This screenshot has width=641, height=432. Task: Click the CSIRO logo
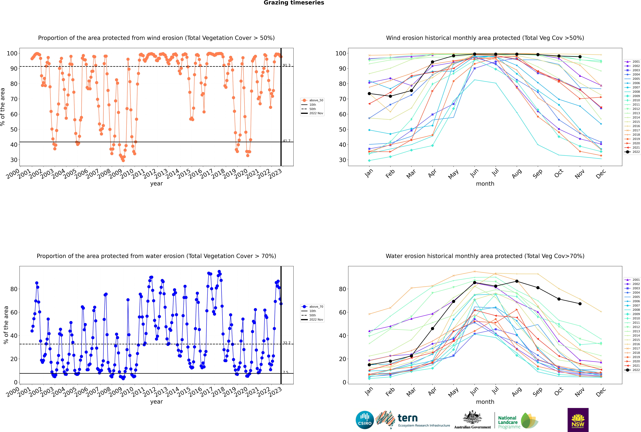point(365,420)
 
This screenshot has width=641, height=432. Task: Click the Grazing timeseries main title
point(294,3)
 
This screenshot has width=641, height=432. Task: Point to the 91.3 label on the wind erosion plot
point(287,65)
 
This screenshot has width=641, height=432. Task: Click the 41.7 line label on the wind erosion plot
point(287,141)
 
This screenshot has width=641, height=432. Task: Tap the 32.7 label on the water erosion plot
point(287,343)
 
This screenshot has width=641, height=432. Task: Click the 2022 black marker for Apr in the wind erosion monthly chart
point(432,62)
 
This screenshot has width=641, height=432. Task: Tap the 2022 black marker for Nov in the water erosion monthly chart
point(580,304)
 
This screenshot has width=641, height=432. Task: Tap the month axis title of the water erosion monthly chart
point(485,402)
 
